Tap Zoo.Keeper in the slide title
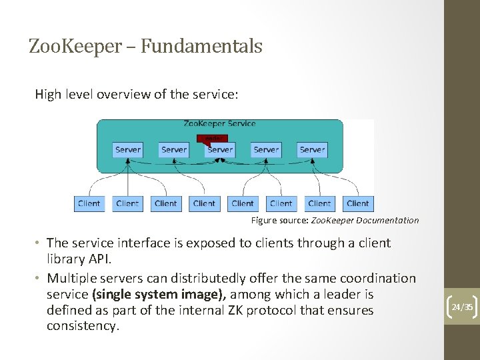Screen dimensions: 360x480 (x=75, y=46)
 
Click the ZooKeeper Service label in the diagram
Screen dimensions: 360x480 (x=219, y=123)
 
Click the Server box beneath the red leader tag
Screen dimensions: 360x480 (x=220, y=150)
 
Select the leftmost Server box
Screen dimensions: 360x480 (x=128, y=150)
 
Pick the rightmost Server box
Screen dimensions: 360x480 (x=312, y=150)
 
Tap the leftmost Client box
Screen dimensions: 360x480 (x=89, y=203)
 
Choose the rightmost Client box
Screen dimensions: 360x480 (x=358, y=203)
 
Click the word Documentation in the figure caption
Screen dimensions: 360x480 (x=387, y=221)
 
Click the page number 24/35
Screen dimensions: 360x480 (x=462, y=307)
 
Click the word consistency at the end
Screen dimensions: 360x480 (x=82, y=327)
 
